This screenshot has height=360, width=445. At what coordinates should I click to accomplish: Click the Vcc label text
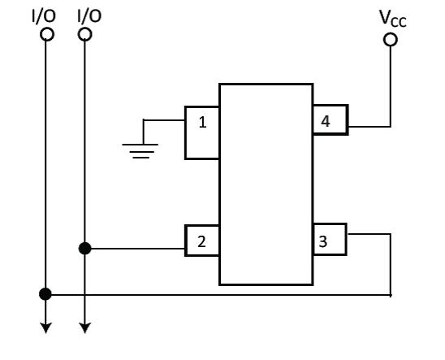pos(393,19)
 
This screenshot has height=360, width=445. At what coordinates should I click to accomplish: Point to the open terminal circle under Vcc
pos(391,40)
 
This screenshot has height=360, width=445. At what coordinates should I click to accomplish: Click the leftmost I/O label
pos(43,16)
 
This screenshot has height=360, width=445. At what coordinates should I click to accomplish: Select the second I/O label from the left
pos(89,16)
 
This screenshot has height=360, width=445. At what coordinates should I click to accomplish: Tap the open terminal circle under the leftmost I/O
pos(47,35)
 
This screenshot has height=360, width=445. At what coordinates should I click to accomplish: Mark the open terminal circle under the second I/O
pos(84,35)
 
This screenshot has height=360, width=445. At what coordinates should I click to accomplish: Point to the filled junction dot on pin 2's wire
pos(84,249)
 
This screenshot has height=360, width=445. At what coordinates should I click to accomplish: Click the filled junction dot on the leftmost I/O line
pos(45,294)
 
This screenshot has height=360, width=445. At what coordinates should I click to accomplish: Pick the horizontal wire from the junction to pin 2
pos(138,249)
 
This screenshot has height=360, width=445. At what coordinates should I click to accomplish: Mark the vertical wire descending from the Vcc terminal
pos(391,86)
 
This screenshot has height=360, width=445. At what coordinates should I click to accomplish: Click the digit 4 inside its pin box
pos(326,121)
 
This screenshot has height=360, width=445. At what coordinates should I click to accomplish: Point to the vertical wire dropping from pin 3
pos(391,265)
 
